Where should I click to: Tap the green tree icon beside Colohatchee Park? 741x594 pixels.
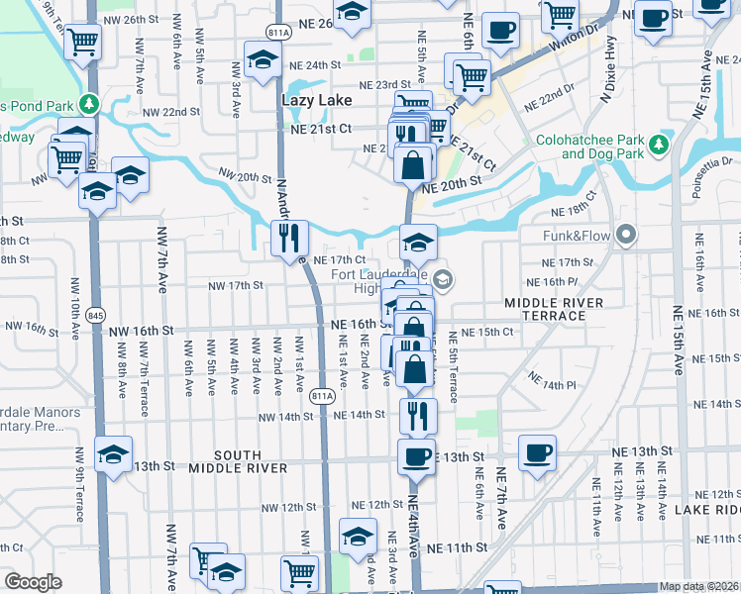click(659, 148)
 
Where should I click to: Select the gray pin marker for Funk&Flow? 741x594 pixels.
click(625, 236)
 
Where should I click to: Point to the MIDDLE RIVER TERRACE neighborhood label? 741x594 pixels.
click(544, 308)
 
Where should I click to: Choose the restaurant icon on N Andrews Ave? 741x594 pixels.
click(290, 237)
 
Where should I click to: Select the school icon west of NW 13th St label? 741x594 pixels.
click(114, 454)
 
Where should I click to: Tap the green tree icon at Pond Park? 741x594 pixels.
click(89, 103)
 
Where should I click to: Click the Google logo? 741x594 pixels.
click(33, 582)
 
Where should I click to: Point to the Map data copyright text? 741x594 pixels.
click(698, 586)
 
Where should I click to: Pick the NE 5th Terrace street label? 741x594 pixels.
click(453, 365)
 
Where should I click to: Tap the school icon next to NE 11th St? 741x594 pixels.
click(358, 535)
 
